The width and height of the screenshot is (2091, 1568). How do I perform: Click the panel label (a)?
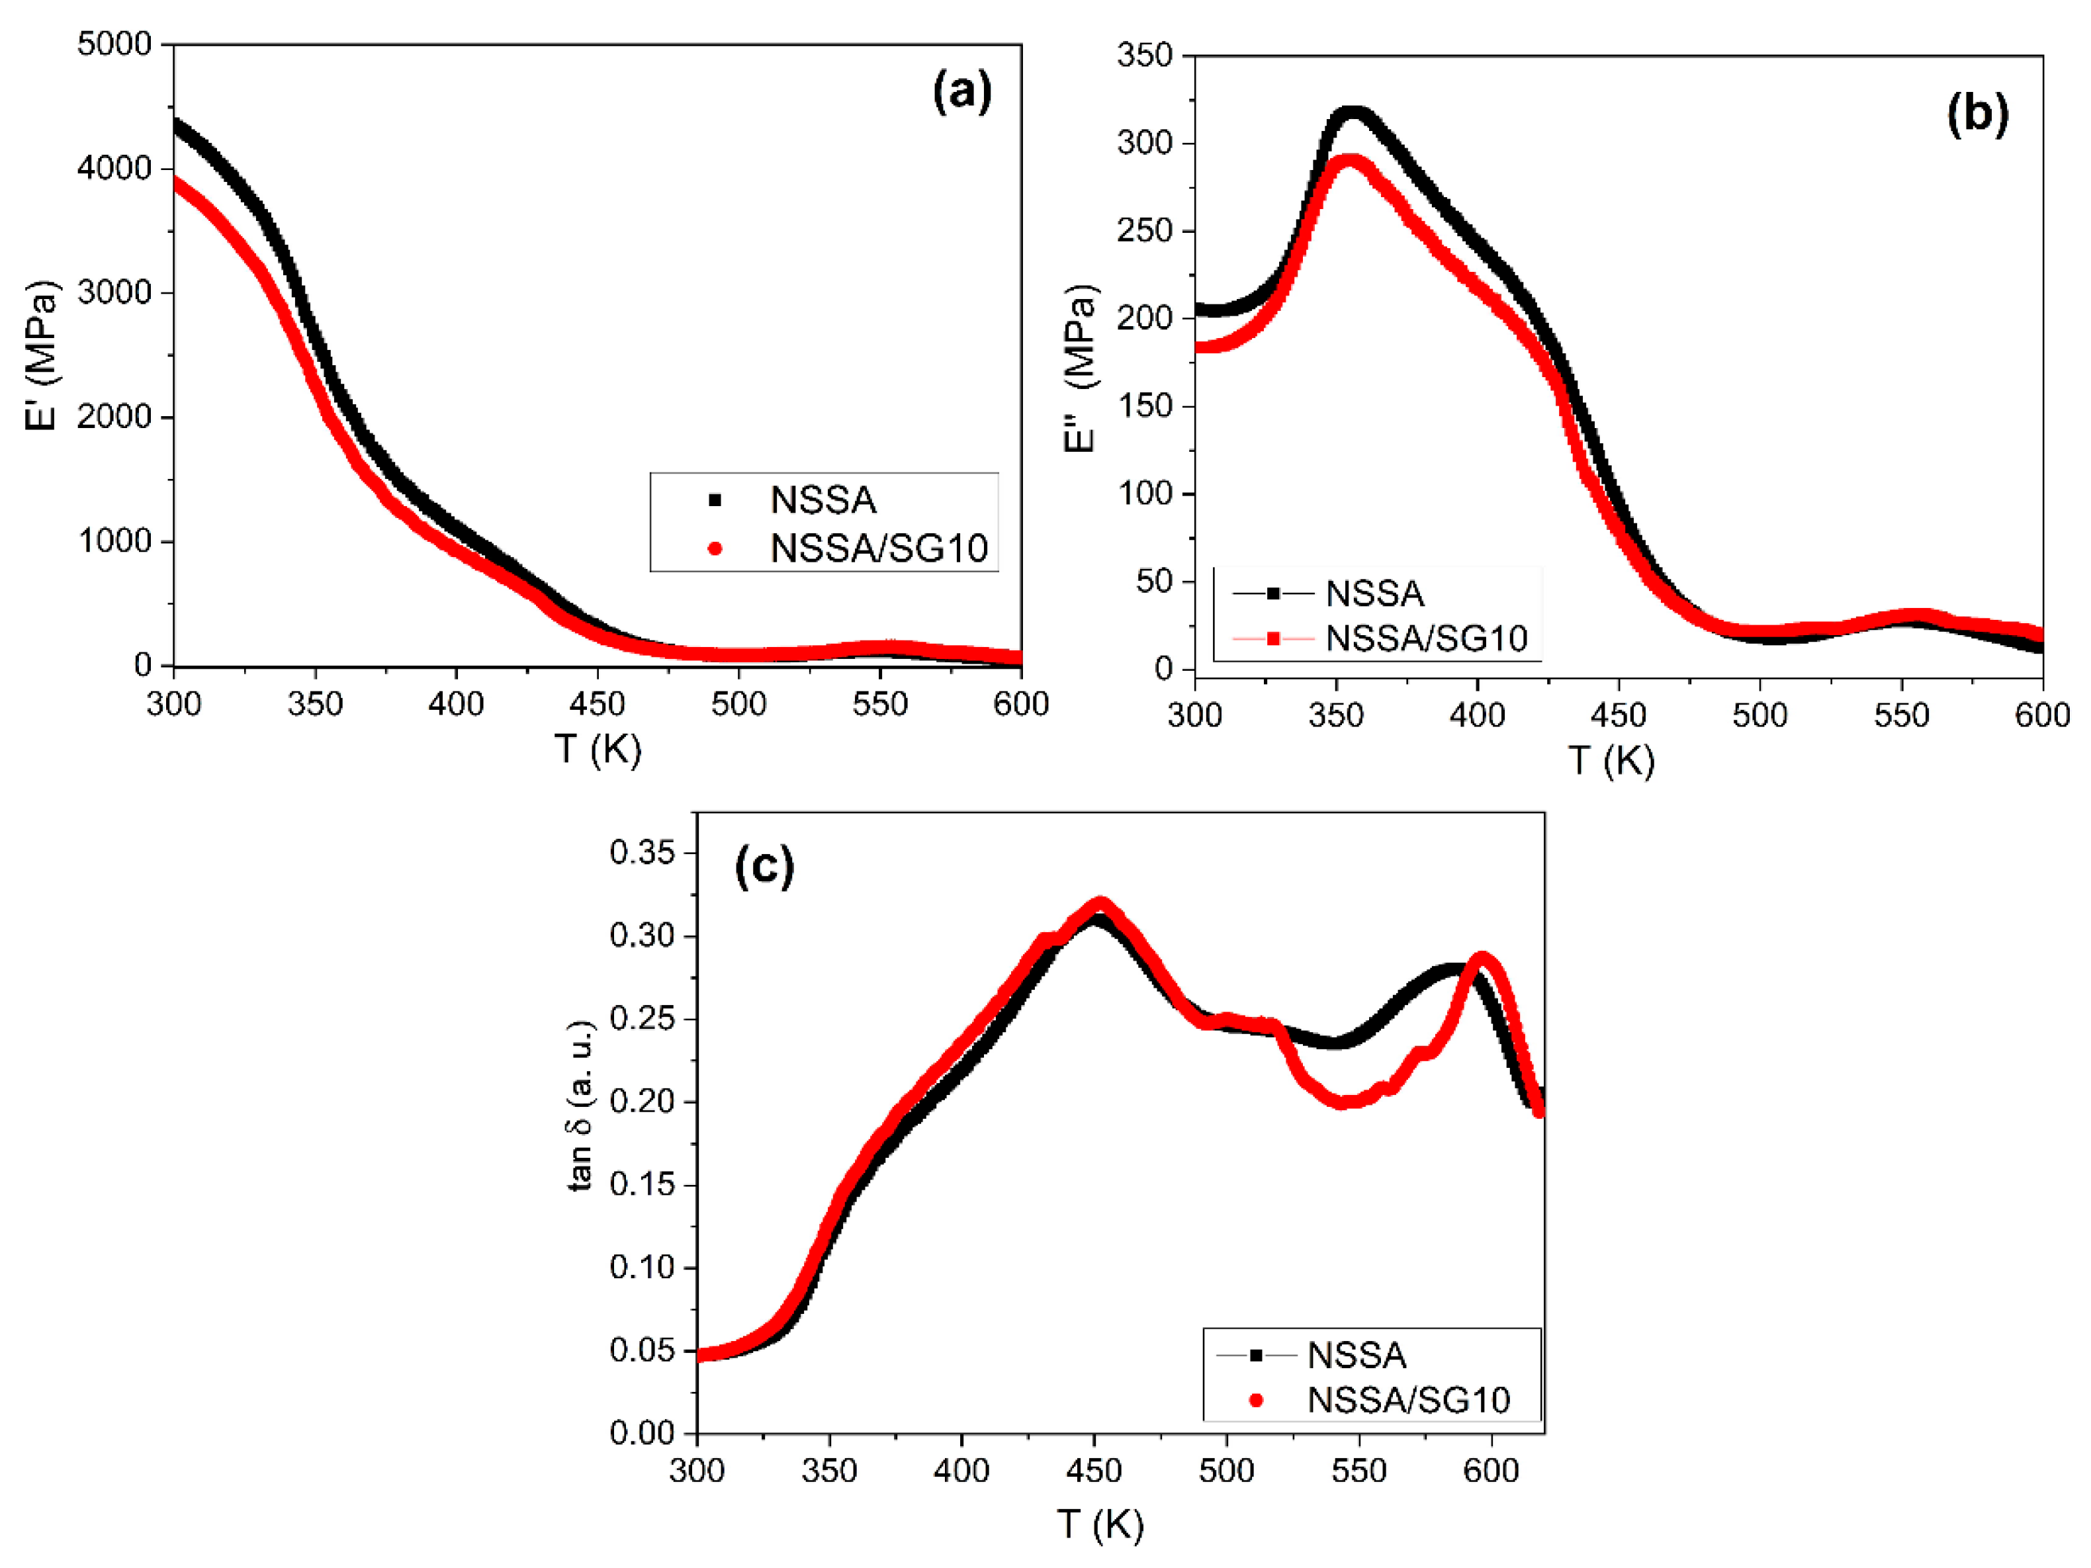961,93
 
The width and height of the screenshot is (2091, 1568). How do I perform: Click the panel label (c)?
764,866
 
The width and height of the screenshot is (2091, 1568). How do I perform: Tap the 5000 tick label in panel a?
114,44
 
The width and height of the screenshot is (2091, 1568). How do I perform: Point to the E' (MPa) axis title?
42,355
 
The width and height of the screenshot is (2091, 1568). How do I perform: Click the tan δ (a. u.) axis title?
580,1105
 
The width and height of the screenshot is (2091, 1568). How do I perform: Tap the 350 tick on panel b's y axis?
1144,55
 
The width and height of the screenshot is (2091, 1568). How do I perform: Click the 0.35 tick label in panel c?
642,853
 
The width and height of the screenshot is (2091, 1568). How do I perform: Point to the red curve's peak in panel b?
1351,159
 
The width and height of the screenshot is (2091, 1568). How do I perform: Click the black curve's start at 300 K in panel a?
176,123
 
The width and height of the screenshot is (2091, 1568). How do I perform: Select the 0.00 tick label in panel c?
642,1433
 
